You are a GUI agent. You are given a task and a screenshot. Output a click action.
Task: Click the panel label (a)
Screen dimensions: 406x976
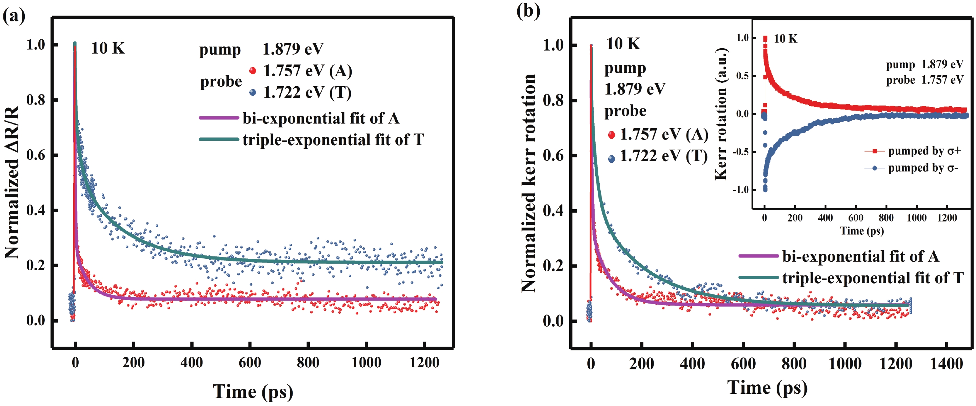(x=14, y=16)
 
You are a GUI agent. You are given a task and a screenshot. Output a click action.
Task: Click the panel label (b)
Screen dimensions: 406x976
(x=528, y=11)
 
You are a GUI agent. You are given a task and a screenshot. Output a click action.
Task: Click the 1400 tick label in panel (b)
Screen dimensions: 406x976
(x=947, y=364)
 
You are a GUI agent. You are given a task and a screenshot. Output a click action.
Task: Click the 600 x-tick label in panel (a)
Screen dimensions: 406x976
(x=250, y=363)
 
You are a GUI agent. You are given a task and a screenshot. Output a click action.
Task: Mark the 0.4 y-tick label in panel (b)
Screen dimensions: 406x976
(x=554, y=210)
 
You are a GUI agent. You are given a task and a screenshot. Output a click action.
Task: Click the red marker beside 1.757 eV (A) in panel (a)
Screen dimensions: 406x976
(x=253, y=71)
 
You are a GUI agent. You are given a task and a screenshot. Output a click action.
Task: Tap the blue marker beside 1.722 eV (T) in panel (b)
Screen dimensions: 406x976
(x=611, y=159)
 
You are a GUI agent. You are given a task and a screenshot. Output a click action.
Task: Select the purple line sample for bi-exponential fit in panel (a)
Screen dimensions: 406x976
(x=219, y=118)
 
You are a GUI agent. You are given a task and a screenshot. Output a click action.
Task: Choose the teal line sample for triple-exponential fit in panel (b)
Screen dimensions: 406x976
(x=758, y=277)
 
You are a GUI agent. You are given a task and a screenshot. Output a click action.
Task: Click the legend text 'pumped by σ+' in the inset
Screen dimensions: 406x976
(x=925, y=151)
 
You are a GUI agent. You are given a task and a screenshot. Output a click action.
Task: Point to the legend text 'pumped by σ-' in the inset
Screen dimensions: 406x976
(x=923, y=168)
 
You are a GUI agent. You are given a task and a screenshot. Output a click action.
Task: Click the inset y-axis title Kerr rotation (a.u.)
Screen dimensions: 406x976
(x=721, y=114)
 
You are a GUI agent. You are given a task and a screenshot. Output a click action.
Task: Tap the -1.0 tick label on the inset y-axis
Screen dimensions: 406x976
(x=740, y=190)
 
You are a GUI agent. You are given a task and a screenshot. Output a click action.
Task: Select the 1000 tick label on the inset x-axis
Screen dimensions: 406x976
(x=917, y=218)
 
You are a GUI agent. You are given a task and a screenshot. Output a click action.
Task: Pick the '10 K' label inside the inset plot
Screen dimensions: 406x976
(x=785, y=39)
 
